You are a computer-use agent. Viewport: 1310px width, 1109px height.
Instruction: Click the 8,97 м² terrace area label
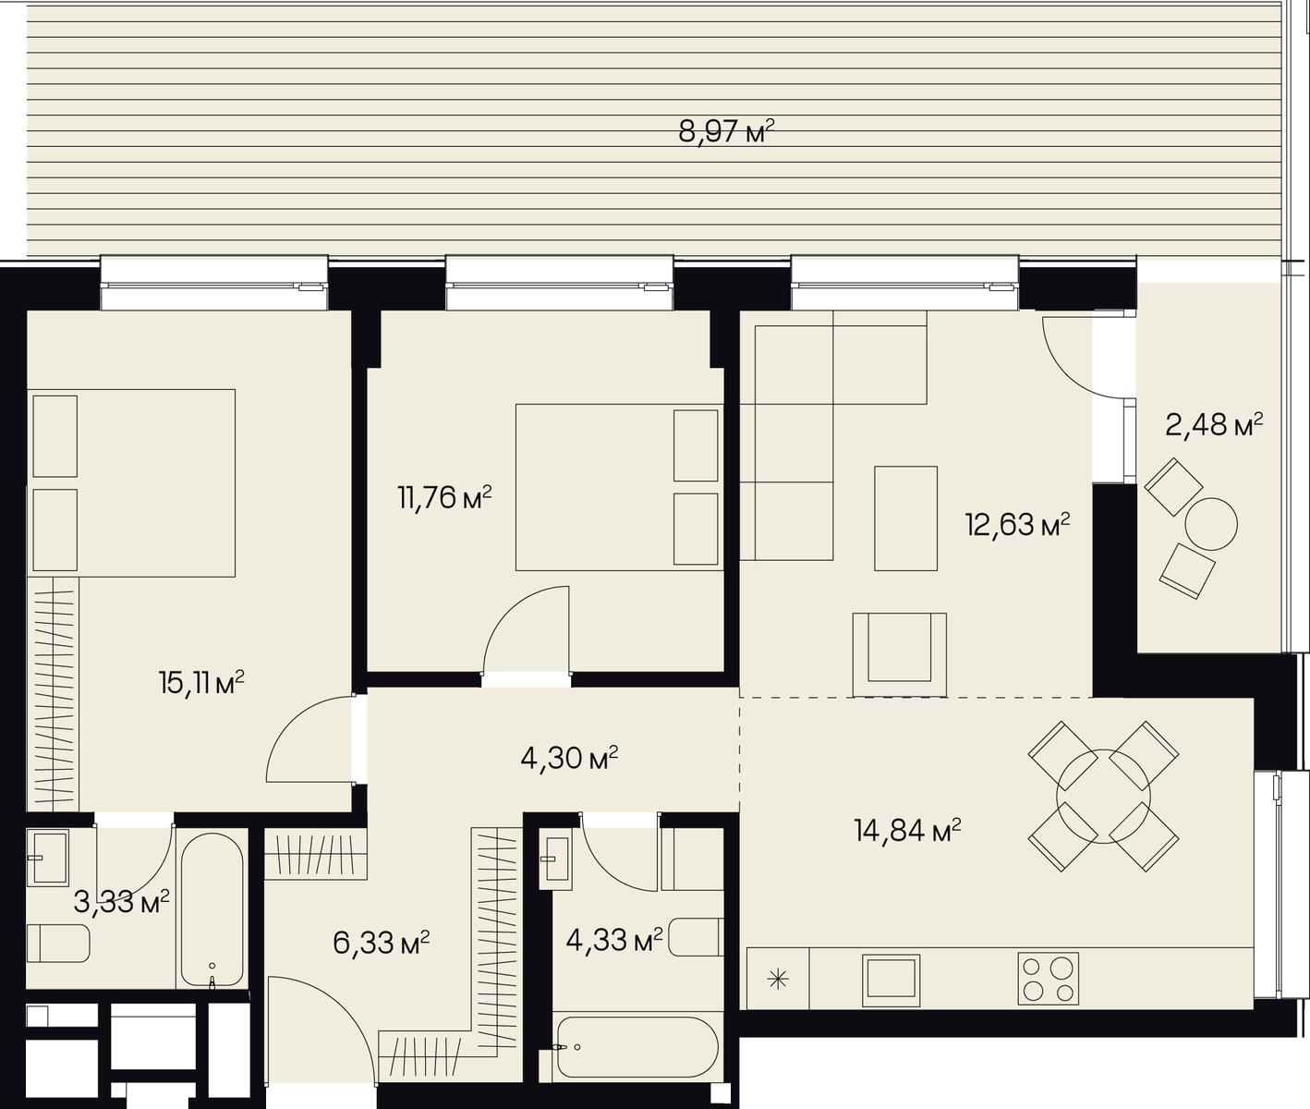point(726,132)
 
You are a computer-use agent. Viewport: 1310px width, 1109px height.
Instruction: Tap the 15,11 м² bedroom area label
point(201,684)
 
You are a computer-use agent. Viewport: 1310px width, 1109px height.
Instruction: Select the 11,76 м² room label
point(444,498)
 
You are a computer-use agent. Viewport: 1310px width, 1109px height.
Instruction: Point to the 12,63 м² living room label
point(1018,524)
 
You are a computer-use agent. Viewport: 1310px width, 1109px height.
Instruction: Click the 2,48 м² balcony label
point(1214,424)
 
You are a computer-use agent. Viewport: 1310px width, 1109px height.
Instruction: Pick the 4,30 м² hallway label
point(570,758)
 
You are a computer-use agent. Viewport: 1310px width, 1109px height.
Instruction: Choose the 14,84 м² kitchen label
point(907,831)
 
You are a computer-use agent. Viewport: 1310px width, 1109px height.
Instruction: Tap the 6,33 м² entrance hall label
point(382,943)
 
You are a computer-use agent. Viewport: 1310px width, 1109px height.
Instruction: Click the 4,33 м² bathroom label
point(614,940)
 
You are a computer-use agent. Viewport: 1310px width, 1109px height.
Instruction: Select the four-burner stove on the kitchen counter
point(1049,979)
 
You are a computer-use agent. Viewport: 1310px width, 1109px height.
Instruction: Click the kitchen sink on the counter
point(892,979)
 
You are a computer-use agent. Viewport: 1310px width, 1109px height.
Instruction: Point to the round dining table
point(1103,797)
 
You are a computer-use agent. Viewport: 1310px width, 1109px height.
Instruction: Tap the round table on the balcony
point(1211,524)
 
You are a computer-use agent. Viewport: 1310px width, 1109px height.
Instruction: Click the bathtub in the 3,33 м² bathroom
point(212,910)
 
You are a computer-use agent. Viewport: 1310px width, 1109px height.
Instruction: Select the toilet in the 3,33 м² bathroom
point(57,943)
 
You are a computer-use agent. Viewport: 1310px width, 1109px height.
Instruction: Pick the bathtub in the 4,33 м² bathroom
point(635,1047)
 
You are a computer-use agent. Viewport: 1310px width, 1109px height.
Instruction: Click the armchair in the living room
point(899,655)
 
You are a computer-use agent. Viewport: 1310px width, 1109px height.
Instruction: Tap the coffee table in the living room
point(905,518)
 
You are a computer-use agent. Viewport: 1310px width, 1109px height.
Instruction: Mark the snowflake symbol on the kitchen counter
point(778,980)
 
